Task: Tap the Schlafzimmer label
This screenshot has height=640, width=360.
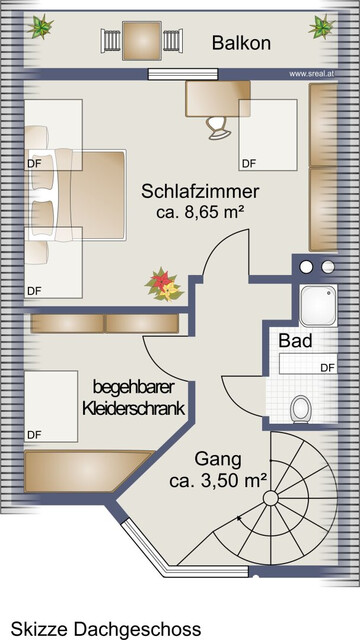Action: pyautogui.click(x=200, y=190)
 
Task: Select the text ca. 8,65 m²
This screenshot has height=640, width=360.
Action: pyautogui.click(x=200, y=213)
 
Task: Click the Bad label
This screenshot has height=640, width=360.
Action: pyautogui.click(x=295, y=341)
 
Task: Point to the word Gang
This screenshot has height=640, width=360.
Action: pyautogui.click(x=218, y=460)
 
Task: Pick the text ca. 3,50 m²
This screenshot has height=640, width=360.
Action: pyautogui.click(x=217, y=481)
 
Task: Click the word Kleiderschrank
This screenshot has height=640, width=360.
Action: pyautogui.click(x=132, y=408)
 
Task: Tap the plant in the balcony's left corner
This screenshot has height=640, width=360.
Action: pyautogui.click(x=42, y=27)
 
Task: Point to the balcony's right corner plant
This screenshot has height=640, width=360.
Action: pyautogui.click(x=321, y=26)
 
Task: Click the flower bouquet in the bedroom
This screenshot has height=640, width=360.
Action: pyautogui.click(x=163, y=285)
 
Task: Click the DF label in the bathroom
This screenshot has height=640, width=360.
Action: pyautogui.click(x=326, y=367)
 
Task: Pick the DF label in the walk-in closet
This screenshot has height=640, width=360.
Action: pyautogui.click(x=33, y=435)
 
